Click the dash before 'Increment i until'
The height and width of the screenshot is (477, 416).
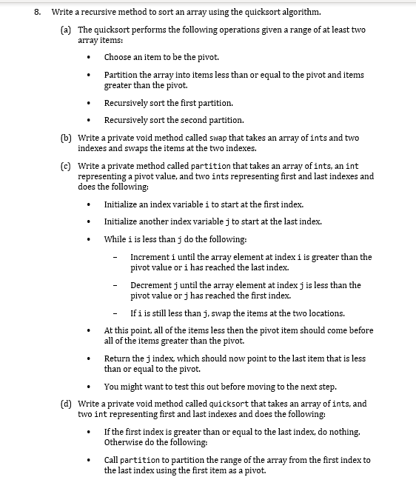(x=116, y=257)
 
